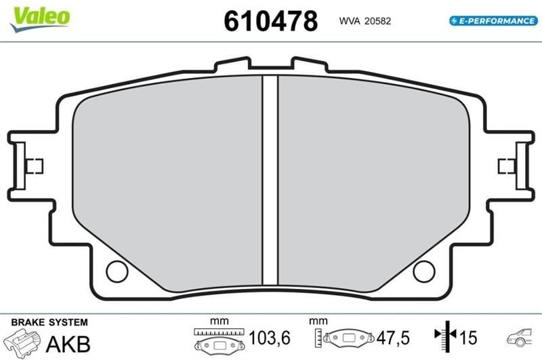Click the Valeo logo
(x=40, y=19)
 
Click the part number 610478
(x=270, y=21)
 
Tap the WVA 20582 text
(x=365, y=21)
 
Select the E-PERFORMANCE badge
(x=493, y=21)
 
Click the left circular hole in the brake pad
(x=117, y=271)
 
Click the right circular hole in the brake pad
(x=424, y=271)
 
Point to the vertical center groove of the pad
(x=270, y=180)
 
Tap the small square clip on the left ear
(x=35, y=166)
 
